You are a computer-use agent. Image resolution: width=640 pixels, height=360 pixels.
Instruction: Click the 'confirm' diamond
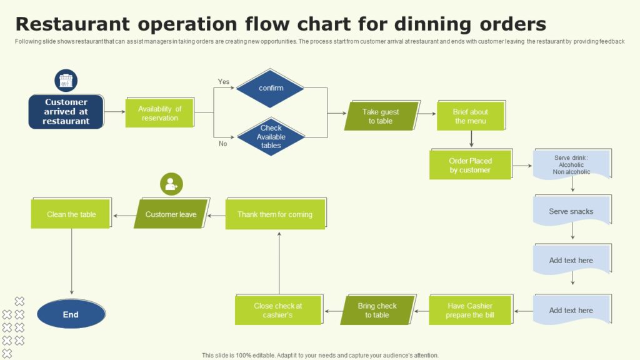271,88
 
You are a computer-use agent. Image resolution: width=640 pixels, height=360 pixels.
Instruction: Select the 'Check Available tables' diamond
271,136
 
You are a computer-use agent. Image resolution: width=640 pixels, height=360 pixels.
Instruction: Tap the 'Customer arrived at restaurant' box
66,112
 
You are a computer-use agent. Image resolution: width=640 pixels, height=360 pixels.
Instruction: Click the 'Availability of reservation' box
159,113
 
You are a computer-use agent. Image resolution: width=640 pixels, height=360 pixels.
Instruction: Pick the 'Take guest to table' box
381,116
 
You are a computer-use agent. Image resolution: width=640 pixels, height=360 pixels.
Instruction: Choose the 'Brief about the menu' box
470,116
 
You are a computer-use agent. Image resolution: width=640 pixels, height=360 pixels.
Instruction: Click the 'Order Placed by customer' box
470,165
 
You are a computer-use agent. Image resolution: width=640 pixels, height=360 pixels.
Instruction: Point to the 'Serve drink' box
571,164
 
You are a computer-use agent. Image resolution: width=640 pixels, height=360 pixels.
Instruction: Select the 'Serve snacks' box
571,211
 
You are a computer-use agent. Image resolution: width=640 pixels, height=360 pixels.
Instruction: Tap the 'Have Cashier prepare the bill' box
470,311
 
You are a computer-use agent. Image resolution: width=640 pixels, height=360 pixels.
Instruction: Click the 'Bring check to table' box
377,311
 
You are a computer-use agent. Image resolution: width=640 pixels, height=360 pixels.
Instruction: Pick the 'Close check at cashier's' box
278,311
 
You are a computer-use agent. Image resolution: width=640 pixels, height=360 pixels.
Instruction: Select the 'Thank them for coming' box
275,214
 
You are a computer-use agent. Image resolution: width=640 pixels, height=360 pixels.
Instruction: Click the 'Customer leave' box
171,214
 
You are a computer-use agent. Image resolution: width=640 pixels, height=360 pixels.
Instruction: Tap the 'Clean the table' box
71,214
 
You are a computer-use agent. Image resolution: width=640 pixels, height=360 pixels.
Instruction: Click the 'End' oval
71,314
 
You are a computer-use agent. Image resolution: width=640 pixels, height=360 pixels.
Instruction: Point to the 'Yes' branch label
224,82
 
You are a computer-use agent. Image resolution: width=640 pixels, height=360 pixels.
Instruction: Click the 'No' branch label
223,144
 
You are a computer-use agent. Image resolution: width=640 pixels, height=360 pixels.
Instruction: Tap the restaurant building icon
66,81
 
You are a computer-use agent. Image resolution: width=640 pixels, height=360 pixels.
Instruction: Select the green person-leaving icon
171,184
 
